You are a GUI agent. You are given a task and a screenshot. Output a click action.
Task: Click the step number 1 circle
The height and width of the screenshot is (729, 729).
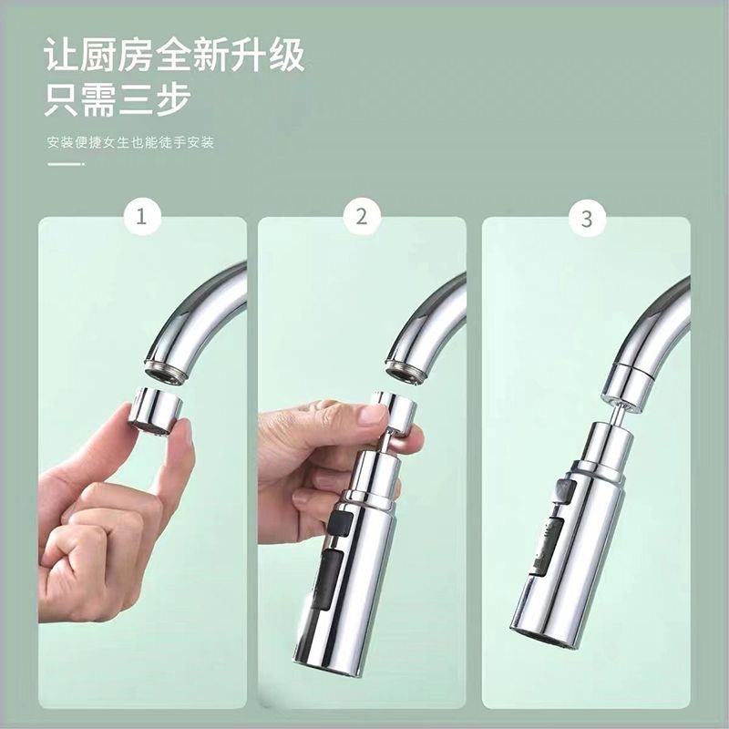[141, 219]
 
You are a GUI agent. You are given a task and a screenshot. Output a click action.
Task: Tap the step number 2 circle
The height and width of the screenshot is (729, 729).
[362, 218]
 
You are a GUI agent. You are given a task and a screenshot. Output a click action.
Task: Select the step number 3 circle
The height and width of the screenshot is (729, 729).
[586, 219]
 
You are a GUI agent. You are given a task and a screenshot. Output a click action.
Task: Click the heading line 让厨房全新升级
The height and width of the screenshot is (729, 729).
[174, 56]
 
